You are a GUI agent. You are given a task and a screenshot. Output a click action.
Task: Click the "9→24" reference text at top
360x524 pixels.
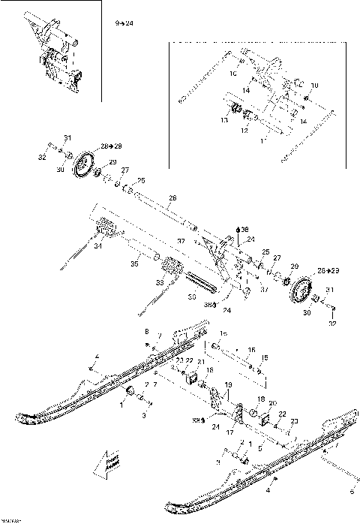(x=124, y=24)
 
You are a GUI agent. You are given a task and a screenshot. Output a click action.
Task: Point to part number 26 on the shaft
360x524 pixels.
(x=171, y=198)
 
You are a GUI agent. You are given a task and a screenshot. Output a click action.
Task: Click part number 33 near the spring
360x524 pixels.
(x=158, y=282)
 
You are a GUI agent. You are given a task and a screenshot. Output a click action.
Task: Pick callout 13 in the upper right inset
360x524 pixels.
(x=223, y=119)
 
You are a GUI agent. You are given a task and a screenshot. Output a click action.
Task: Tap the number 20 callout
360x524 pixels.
(x=272, y=403)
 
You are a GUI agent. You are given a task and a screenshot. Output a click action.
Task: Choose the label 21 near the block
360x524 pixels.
(x=200, y=363)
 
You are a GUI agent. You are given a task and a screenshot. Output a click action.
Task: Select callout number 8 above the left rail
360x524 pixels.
(x=147, y=331)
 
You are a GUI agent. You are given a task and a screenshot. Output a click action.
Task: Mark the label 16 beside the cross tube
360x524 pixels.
(x=252, y=350)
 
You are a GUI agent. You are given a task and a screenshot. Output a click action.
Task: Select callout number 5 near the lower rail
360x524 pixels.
(x=260, y=447)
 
